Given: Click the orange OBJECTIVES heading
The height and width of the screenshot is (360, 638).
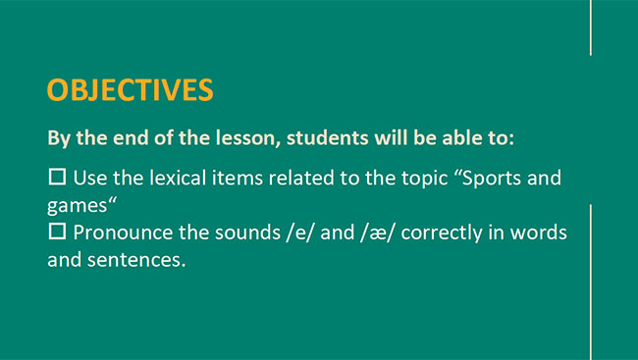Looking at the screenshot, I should (130, 89).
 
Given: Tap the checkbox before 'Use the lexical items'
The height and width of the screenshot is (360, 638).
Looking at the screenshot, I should (57, 178).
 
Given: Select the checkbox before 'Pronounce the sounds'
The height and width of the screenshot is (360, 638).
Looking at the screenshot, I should (57, 233).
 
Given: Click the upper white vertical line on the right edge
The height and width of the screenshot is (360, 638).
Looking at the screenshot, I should (591, 27).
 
